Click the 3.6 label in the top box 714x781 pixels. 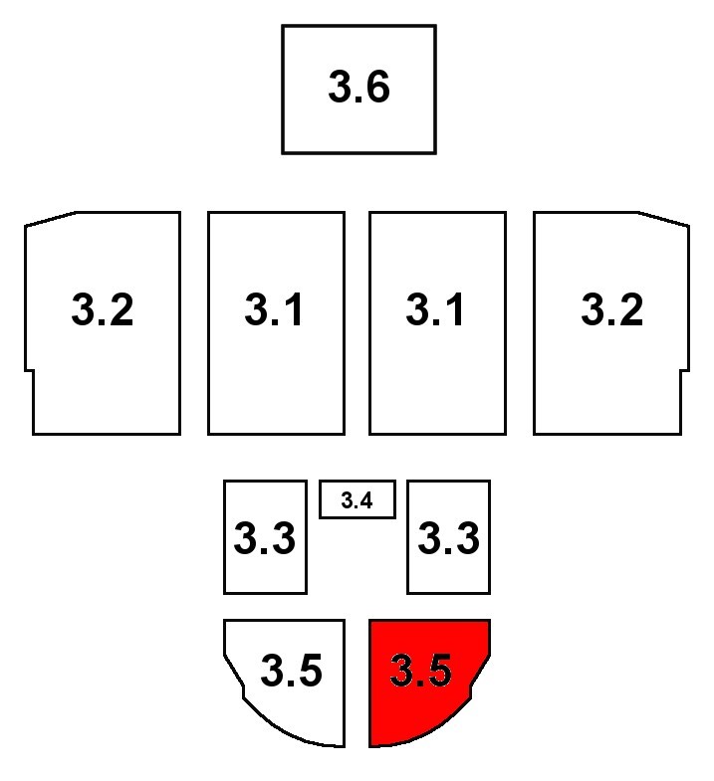(x=358, y=89)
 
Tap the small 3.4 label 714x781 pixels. (x=357, y=500)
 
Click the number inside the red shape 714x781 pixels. (x=421, y=672)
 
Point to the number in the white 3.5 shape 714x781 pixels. (x=291, y=672)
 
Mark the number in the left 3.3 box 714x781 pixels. (x=264, y=539)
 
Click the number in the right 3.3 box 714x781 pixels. (x=448, y=539)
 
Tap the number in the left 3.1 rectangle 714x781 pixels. (x=275, y=311)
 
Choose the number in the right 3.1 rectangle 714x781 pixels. (x=436, y=311)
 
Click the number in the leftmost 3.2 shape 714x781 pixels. (x=103, y=311)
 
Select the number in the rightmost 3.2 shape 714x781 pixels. (x=611, y=311)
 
